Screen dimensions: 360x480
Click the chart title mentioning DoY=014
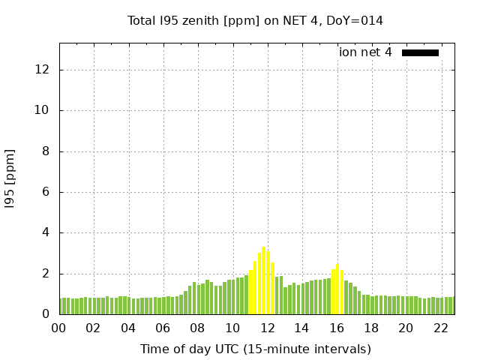coord(255,20)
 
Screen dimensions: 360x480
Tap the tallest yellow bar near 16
coord(337,289)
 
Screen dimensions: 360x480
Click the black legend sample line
coord(420,52)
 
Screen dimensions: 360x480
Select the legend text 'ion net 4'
coord(365,52)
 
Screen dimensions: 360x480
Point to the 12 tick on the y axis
coord(42,70)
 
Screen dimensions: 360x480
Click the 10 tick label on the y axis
coord(42,110)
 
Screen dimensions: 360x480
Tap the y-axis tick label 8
coord(46,151)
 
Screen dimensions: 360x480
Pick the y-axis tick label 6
coord(46,192)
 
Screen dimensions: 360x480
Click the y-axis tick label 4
coord(46,233)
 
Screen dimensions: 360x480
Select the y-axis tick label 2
coord(46,274)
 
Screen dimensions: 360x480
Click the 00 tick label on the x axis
coord(59,328)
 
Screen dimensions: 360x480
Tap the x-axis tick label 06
coord(163,328)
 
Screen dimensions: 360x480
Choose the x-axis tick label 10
coord(232,328)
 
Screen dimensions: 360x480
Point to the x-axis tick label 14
coord(301,328)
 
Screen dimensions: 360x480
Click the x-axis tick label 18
coord(370,328)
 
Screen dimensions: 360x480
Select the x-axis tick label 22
coord(440,328)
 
